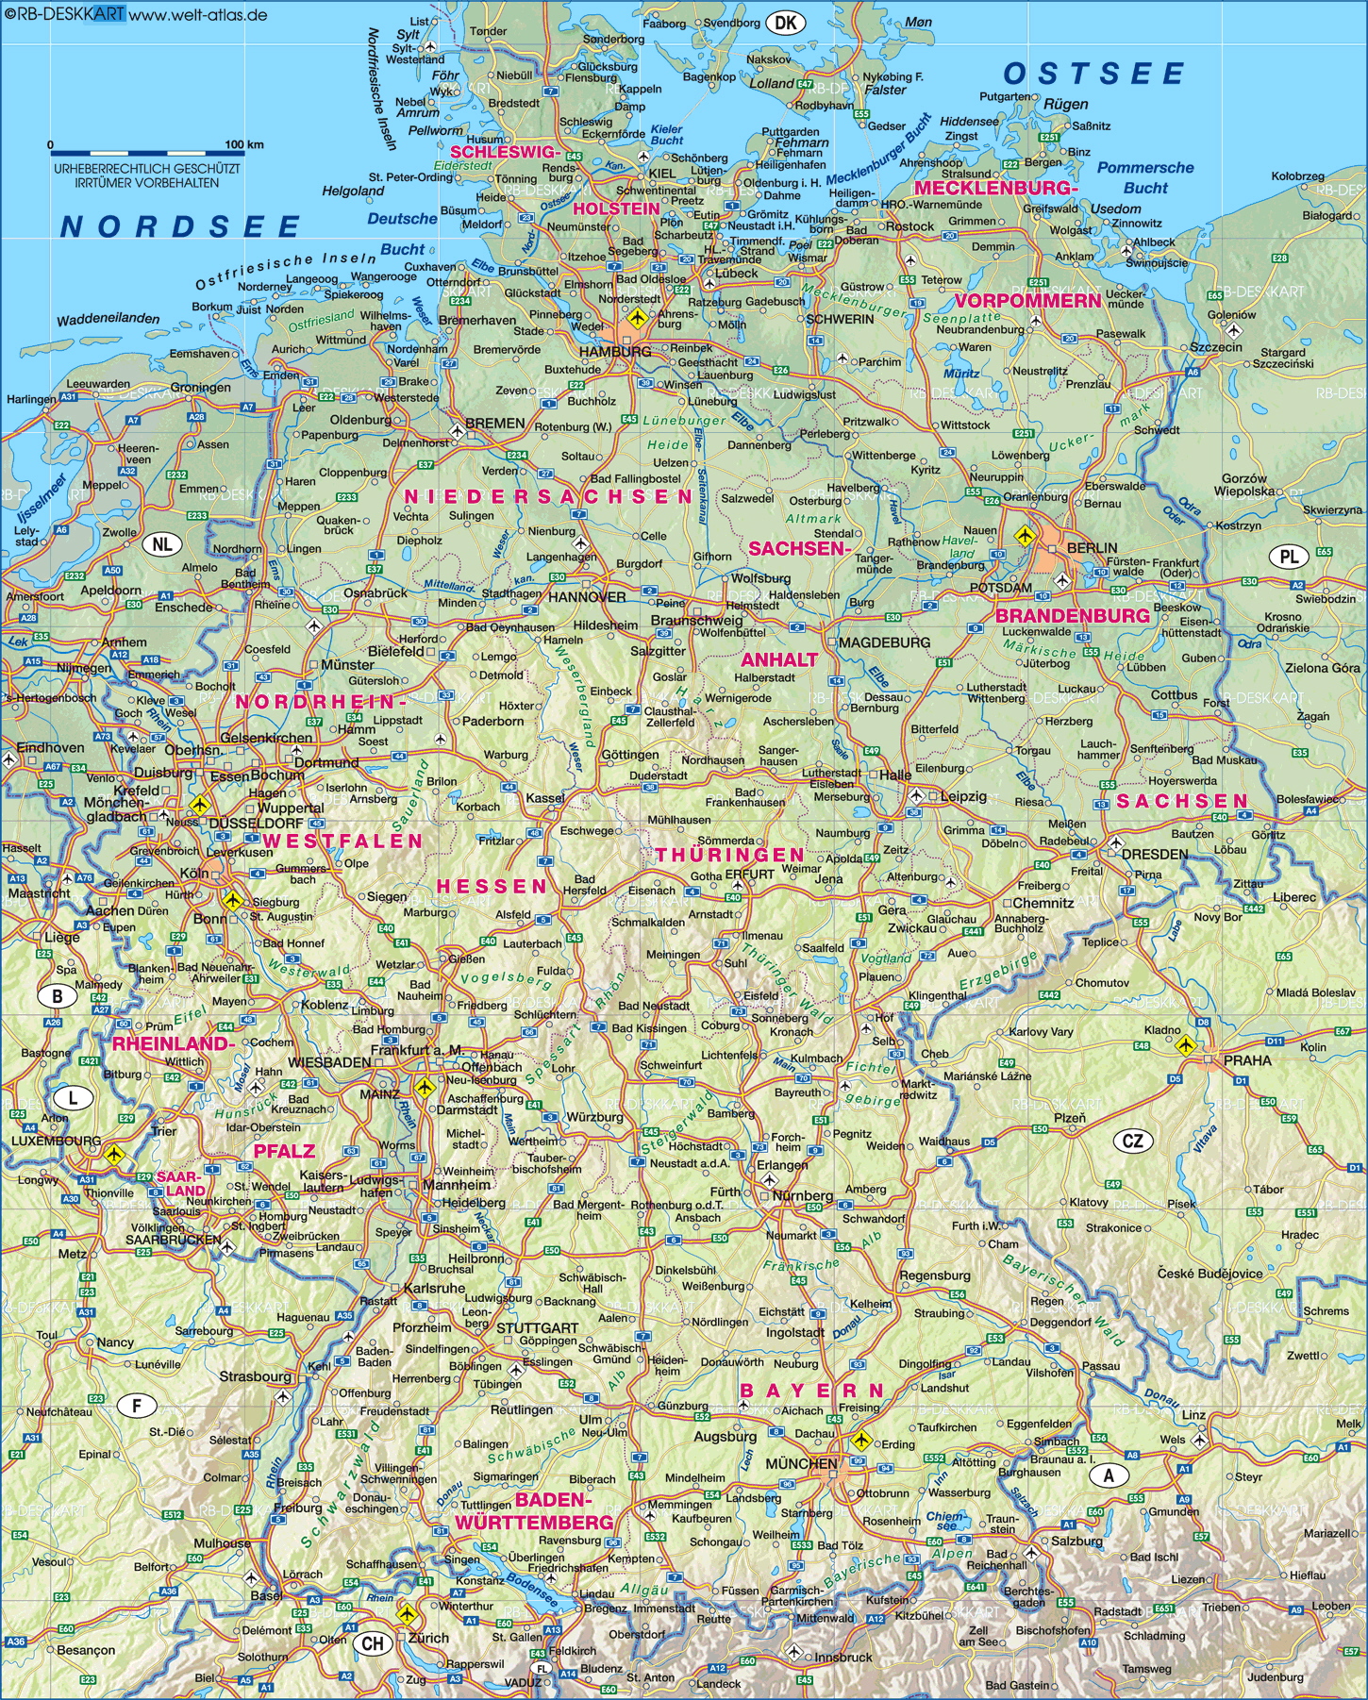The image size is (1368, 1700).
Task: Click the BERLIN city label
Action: pyautogui.click(x=1092, y=547)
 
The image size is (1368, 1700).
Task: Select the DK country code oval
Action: pyautogui.click(x=786, y=24)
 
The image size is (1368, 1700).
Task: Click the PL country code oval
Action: pyautogui.click(x=1289, y=557)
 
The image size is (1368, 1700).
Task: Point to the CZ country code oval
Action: pyautogui.click(x=1133, y=1141)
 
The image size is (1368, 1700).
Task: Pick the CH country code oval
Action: pyautogui.click(x=373, y=1643)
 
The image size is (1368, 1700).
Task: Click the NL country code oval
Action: pyautogui.click(x=162, y=544)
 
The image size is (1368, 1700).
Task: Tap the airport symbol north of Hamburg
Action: pyautogui.click(x=637, y=316)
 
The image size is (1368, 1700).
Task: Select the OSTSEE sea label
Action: pyautogui.click(x=1093, y=75)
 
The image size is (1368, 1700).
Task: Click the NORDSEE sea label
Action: pyautogui.click(x=180, y=226)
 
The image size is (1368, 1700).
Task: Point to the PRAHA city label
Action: pyautogui.click(x=1247, y=1060)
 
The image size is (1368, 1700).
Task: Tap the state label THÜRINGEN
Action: pyautogui.click(x=730, y=855)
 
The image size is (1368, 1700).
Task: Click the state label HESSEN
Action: pyautogui.click(x=492, y=886)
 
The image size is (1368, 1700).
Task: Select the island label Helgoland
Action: pyautogui.click(x=353, y=191)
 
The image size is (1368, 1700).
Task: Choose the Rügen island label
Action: pyautogui.click(x=1066, y=104)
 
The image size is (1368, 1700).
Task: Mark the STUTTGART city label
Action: pyautogui.click(x=537, y=1327)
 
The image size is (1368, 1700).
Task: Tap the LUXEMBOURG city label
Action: pyautogui.click(x=56, y=1141)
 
